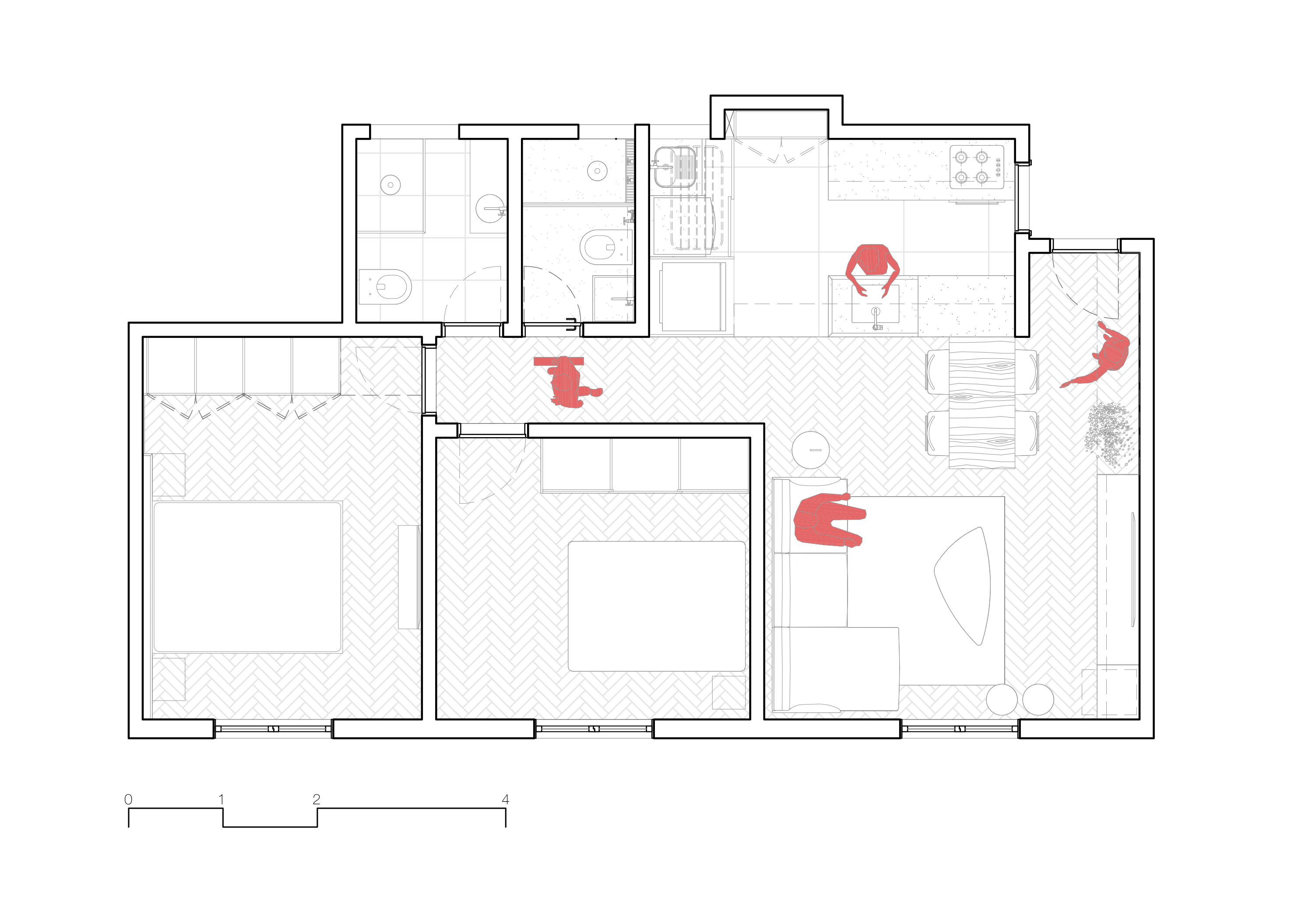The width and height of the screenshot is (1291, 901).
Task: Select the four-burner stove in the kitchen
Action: pos(977,167)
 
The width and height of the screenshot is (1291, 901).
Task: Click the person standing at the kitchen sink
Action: pos(872,269)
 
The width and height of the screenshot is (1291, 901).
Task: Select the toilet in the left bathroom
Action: pos(385,287)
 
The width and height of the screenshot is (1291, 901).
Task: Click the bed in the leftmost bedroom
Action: pos(247,577)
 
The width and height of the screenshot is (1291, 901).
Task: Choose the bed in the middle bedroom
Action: pos(657,606)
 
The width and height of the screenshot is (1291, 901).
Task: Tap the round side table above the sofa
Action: pos(810,450)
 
